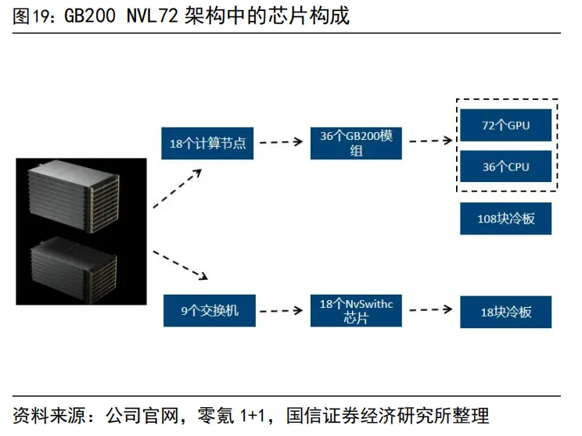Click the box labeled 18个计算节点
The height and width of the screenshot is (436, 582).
tap(207, 143)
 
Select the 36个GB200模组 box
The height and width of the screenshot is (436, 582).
tap(356, 142)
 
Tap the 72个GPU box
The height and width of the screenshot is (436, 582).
tap(505, 125)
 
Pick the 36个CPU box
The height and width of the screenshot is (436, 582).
tap(505, 166)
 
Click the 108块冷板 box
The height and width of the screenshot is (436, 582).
tap(505, 219)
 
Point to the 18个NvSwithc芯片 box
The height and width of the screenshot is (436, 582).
tap(356, 311)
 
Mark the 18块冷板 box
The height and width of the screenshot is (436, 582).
tap(505, 312)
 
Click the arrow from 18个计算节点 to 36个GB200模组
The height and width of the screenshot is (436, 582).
tap(281, 142)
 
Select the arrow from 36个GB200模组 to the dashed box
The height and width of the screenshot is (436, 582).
tap(430, 141)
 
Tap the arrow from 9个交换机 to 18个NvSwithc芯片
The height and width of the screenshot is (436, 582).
tap(281, 311)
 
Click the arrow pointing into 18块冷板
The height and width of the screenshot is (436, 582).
tap(429, 310)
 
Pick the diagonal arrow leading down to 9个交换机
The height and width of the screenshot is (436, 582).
tap(180, 265)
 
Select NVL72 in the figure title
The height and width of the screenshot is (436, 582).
tap(152, 16)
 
